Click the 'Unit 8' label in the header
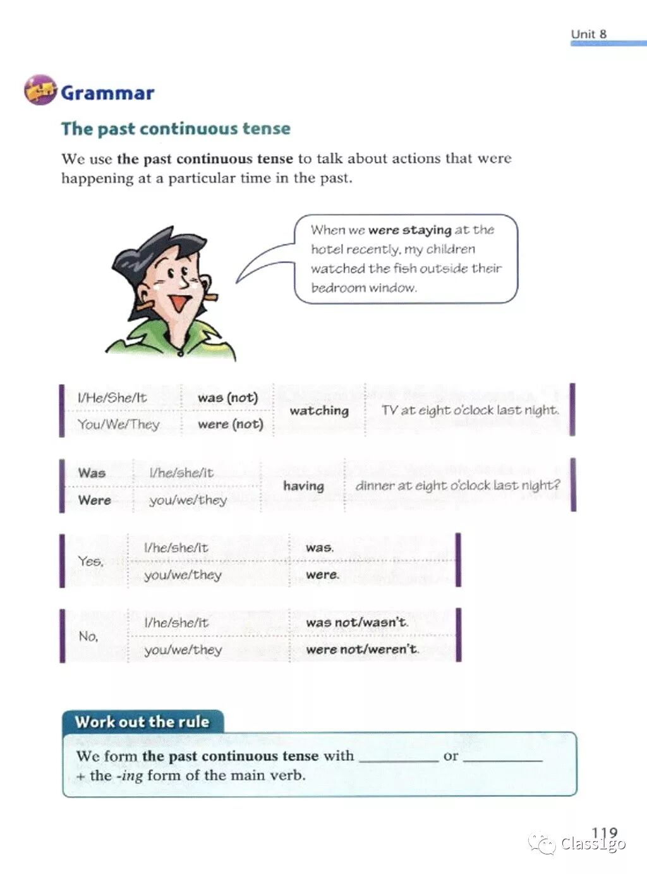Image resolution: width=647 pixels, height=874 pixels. [x=588, y=34]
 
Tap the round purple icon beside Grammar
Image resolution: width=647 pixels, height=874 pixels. [x=40, y=90]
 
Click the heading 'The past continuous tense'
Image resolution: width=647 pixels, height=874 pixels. [x=176, y=129]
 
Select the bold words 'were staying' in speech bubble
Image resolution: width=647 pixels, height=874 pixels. [x=409, y=230]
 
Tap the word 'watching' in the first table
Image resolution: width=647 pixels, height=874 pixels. [x=319, y=411]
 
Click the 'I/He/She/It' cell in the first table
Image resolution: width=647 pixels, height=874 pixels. [x=112, y=398]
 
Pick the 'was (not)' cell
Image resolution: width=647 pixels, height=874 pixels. [x=227, y=398]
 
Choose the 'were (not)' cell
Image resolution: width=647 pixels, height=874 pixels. [x=230, y=424]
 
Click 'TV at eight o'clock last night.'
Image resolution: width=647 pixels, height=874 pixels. [x=470, y=410]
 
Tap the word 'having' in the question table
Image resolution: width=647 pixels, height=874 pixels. [x=303, y=486]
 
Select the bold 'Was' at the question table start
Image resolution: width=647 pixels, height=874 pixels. [x=92, y=473]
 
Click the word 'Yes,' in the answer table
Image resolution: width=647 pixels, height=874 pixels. [x=91, y=561]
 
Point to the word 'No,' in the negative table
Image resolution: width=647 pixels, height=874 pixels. [x=88, y=636]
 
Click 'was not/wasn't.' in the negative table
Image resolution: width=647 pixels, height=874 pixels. [x=357, y=622]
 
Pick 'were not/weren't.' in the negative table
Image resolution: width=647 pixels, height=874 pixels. [x=362, y=649]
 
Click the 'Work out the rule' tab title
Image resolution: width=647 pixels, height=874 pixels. [x=142, y=722]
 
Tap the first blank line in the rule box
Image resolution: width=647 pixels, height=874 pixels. [x=398, y=758]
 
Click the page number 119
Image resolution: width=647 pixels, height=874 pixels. [x=604, y=834]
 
